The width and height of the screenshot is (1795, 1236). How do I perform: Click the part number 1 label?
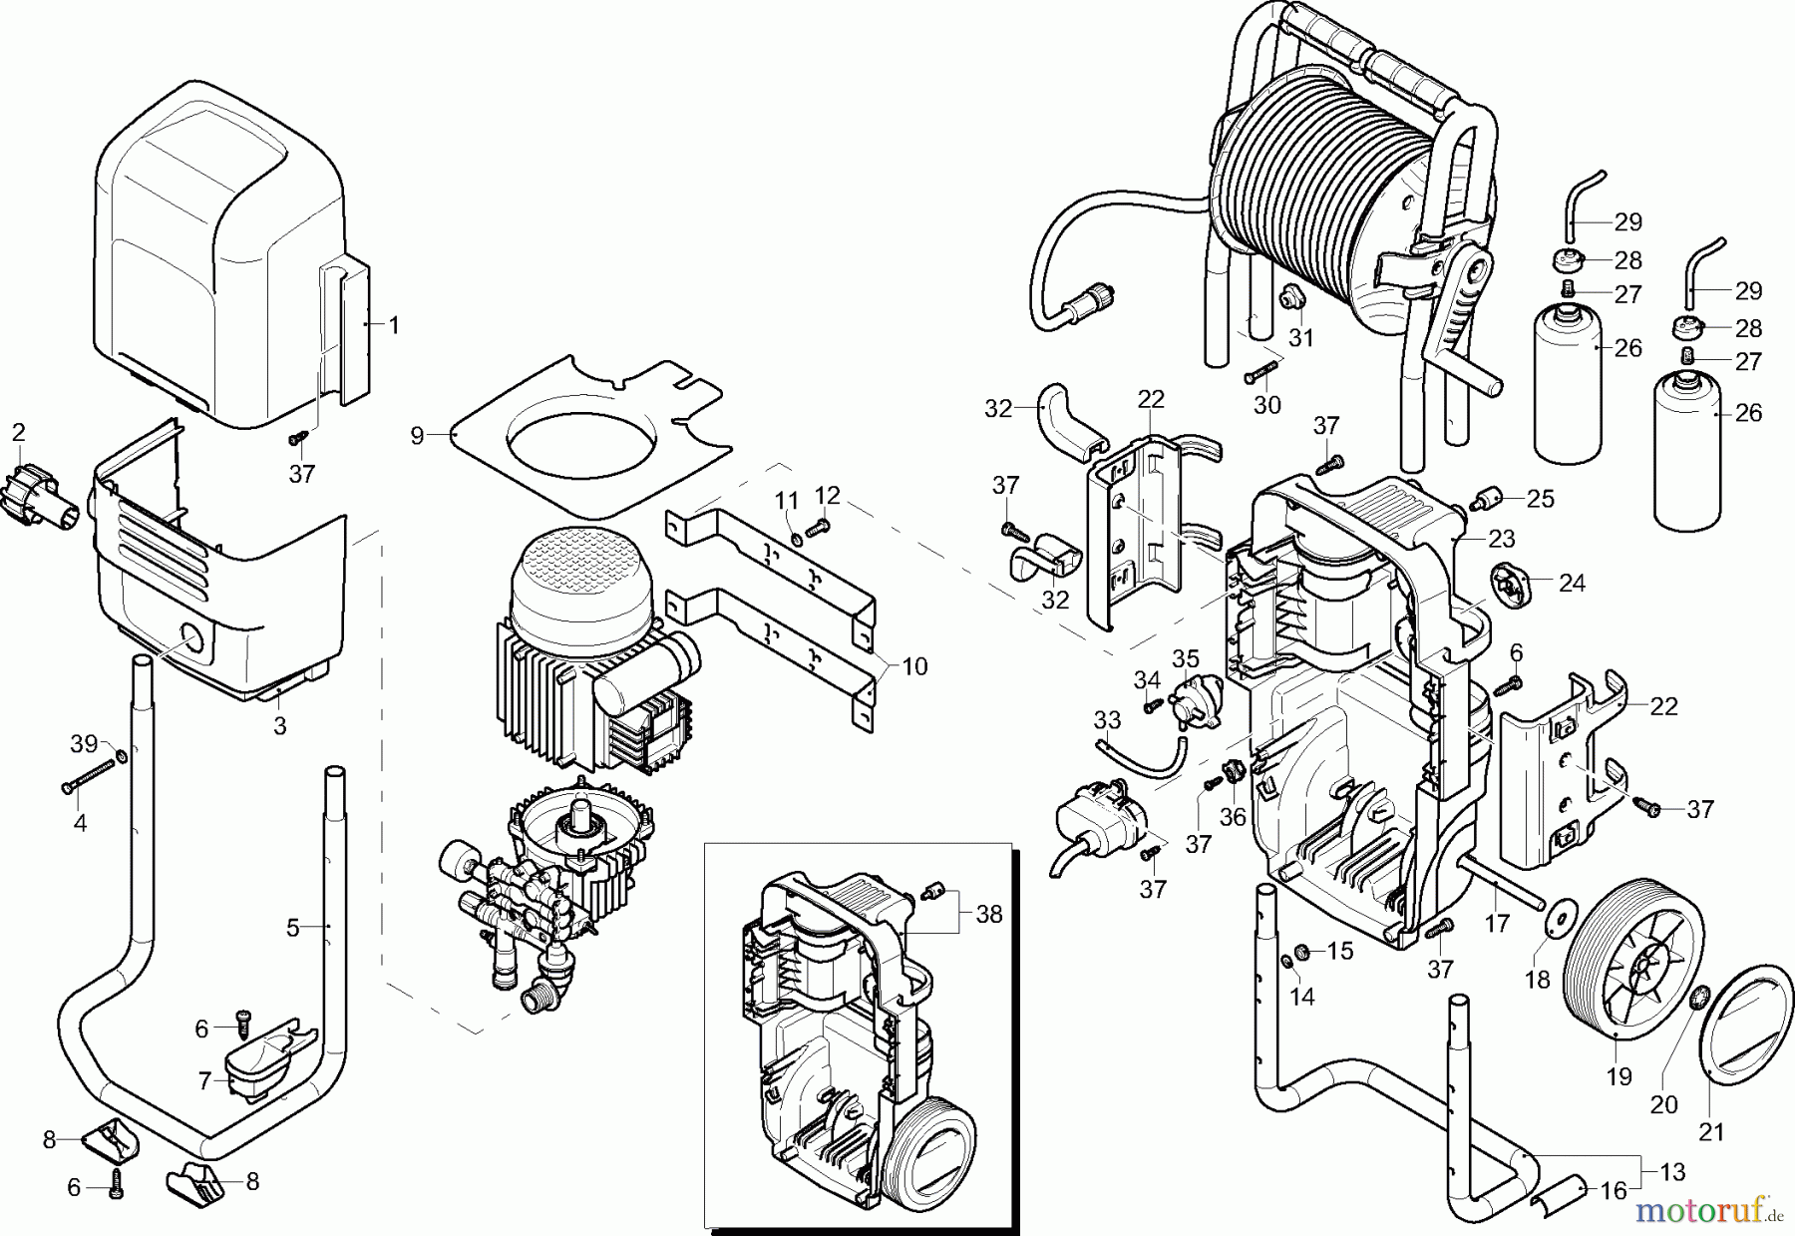[x=393, y=325]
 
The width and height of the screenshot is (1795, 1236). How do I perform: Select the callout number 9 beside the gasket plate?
[x=417, y=435]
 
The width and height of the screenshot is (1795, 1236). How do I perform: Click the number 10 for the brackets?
[x=914, y=665]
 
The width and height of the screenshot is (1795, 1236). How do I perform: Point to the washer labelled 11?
[x=796, y=540]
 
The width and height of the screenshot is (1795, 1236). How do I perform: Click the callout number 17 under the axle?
[x=1497, y=924]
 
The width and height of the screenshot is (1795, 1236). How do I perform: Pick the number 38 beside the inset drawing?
[x=988, y=914]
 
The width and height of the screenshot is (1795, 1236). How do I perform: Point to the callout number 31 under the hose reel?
[x=1301, y=338]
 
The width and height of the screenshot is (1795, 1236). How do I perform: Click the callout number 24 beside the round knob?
[x=1572, y=583]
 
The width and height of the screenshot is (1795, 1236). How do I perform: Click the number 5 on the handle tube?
[x=292, y=928]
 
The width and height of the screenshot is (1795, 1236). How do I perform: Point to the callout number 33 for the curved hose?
[x=1107, y=719]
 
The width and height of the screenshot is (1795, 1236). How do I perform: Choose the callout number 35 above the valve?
[x=1185, y=658]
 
